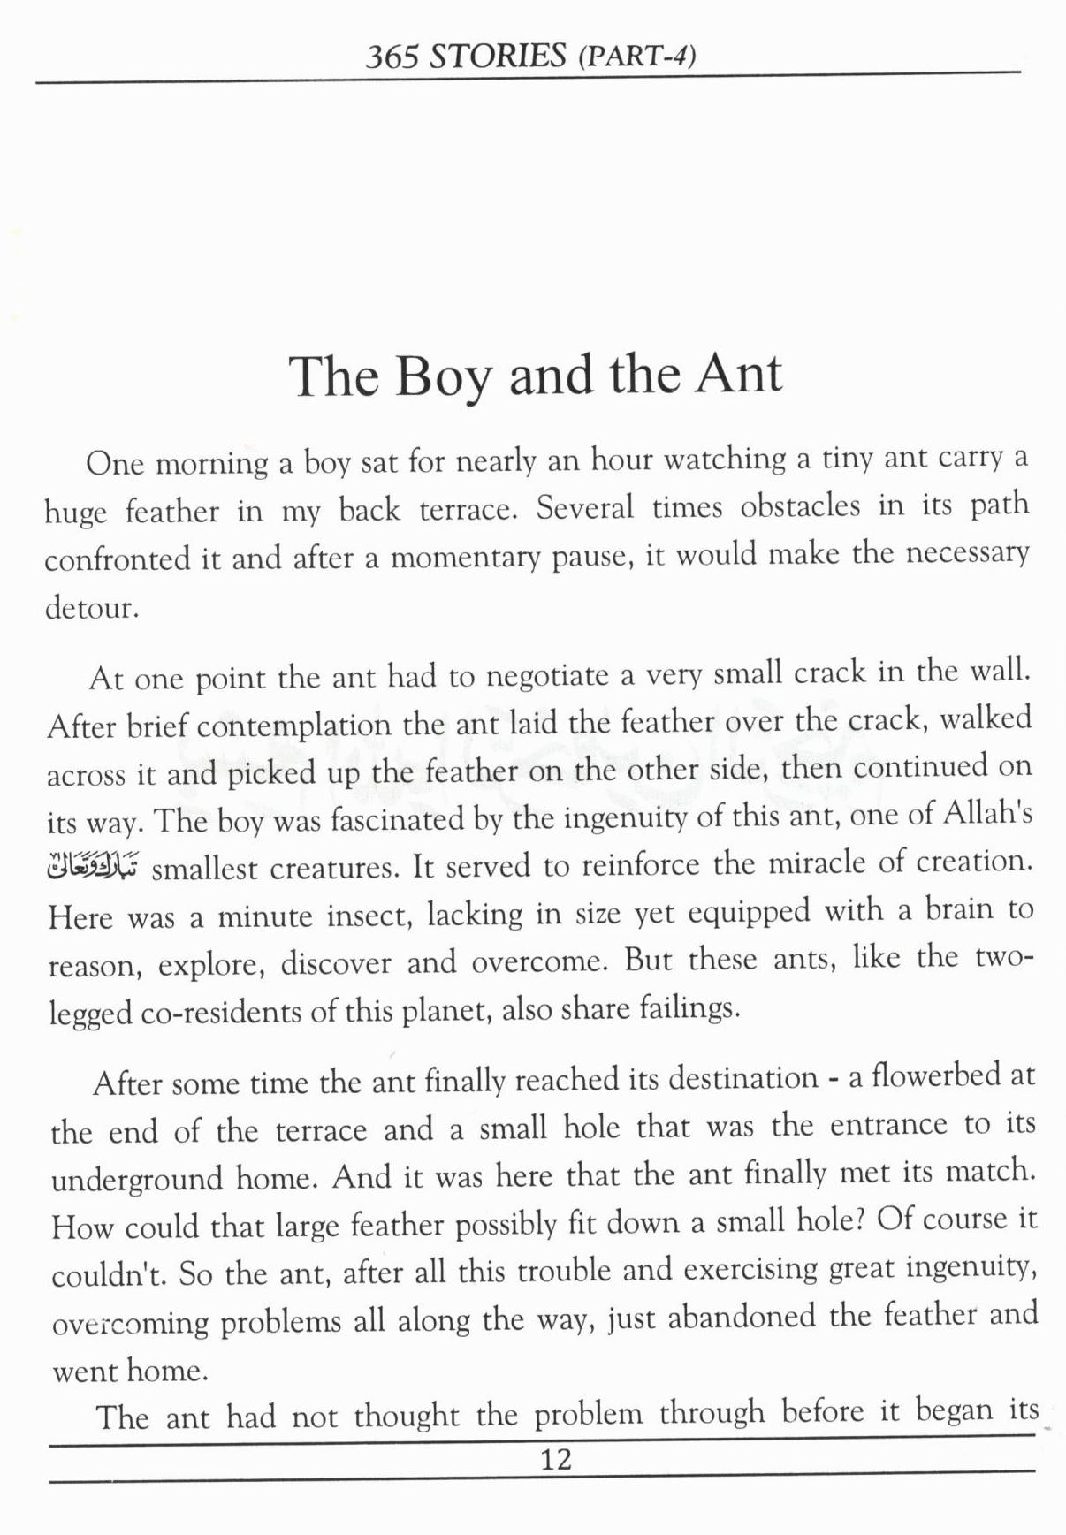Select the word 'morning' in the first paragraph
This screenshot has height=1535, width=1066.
pyautogui.click(x=212, y=463)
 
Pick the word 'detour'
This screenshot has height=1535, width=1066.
pyautogui.click(x=91, y=608)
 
